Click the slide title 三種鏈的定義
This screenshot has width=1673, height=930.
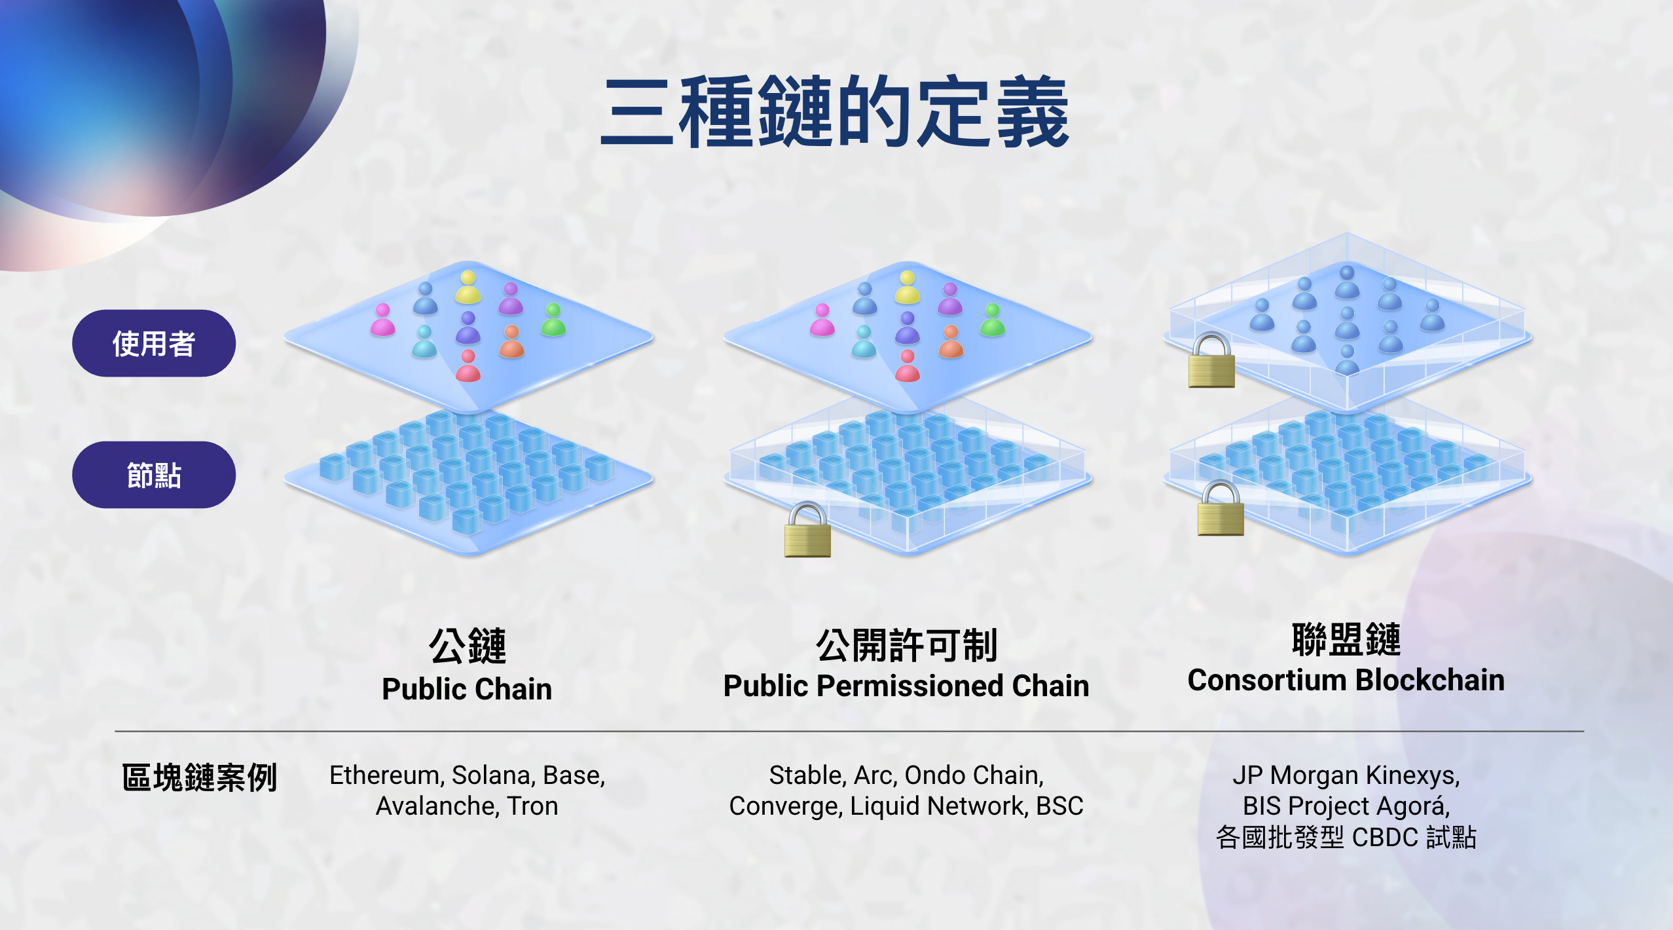835,111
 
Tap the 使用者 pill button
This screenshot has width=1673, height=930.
154,343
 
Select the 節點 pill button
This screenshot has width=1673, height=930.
154,475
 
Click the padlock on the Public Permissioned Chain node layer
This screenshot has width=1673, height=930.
807,530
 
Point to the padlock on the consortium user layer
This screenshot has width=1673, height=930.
1211,361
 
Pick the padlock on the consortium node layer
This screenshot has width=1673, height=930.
1221,509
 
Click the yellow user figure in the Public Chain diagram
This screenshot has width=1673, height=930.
468,288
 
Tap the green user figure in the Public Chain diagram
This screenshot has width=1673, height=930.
553,320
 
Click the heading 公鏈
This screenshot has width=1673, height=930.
468,646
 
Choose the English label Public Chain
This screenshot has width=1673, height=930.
467,689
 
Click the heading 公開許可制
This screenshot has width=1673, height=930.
906,646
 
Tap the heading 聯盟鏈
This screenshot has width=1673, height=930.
1346,640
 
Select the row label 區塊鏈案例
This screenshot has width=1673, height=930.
199,777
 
